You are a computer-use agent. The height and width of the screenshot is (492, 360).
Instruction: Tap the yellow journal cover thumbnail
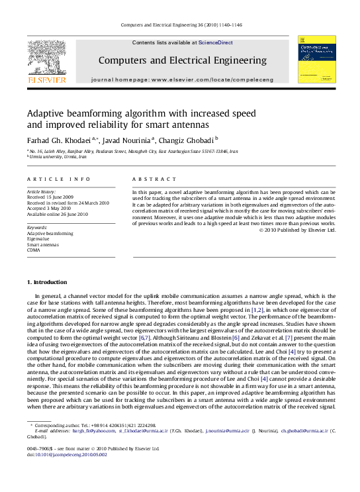(x=316, y=59)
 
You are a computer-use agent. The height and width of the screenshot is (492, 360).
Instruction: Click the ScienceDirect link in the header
(x=216, y=42)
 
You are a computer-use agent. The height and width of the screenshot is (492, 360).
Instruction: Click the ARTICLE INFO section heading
(x=58, y=179)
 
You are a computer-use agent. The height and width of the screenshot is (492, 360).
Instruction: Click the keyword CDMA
(x=34, y=250)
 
